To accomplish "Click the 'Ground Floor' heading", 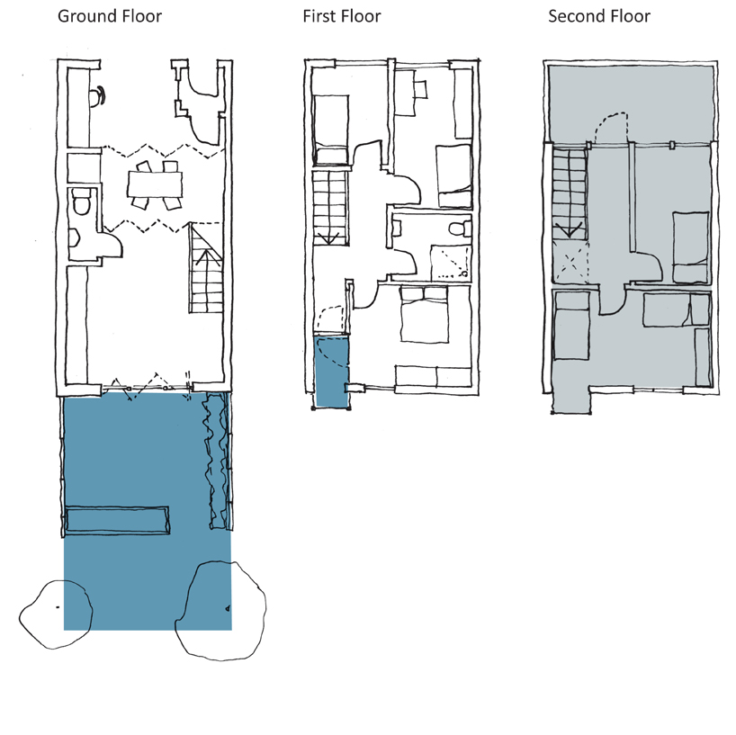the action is pyautogui.click(x=110, y=16).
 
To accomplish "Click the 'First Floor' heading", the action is pyautogui.click(x=342, y=16).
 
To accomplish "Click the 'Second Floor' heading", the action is pyautogui.click(x=599, y=16).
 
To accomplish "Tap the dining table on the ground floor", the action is pyautogui.click(x=155, y=184).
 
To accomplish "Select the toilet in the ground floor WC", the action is pyautogui.click(x=83, y=202).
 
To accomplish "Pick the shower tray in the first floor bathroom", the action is pyautogui.click(x=451, y=262).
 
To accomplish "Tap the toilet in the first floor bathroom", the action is pyautogui.click(x=460, y=229).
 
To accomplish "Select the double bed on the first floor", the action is pyautogui.click(x=424, y=315).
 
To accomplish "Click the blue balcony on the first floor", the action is pyautogui.click(x=332, y=372).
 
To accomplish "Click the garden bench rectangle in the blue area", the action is pyautogui.click(x=117, y=520).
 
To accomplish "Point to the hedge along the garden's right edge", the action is pyautogui.click(x=216, y=461).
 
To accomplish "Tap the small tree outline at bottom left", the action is pyautogui.click(x=56, y=614).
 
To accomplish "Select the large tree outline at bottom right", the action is pyautogui.click(x=220, y=611).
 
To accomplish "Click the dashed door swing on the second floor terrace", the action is pyautogui.click(x=611, y=126).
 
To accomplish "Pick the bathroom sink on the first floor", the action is pyautogui.click(x=397, y=229).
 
